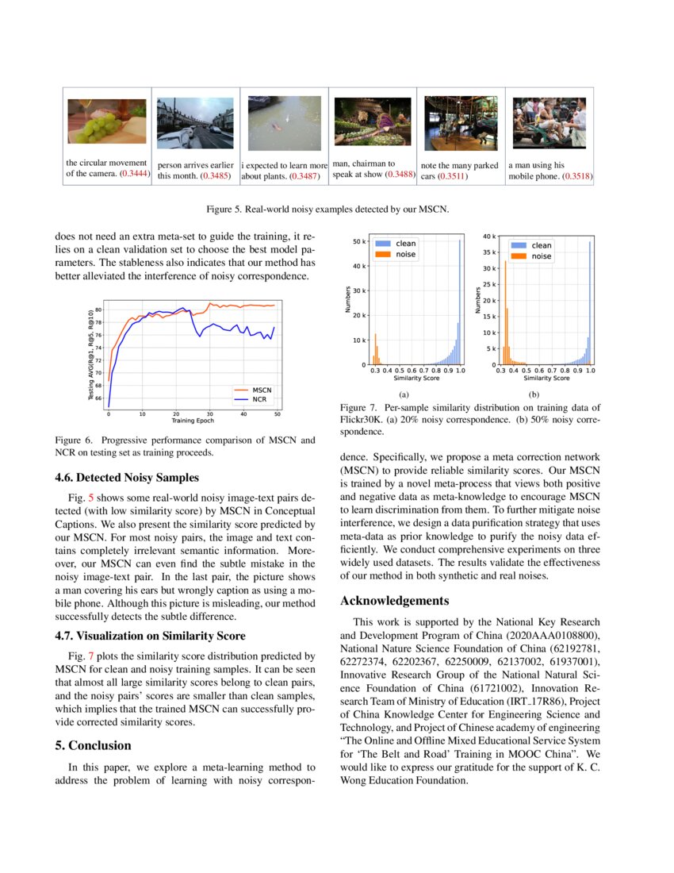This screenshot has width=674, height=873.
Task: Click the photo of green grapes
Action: [x=106, y=121]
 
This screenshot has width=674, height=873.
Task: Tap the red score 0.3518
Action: [x=577, y=176]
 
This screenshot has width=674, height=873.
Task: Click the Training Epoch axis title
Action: [x=193, y=421]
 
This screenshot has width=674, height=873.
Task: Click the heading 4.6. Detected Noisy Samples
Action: [x=127, y=478]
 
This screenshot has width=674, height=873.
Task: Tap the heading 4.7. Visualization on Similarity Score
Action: [x=150, y=636]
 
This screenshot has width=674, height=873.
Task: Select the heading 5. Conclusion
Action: [x=93, y=745]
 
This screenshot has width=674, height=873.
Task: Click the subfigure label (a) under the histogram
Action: [x=403, y=394]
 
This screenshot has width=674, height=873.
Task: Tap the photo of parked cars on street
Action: [x=461, y=123]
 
